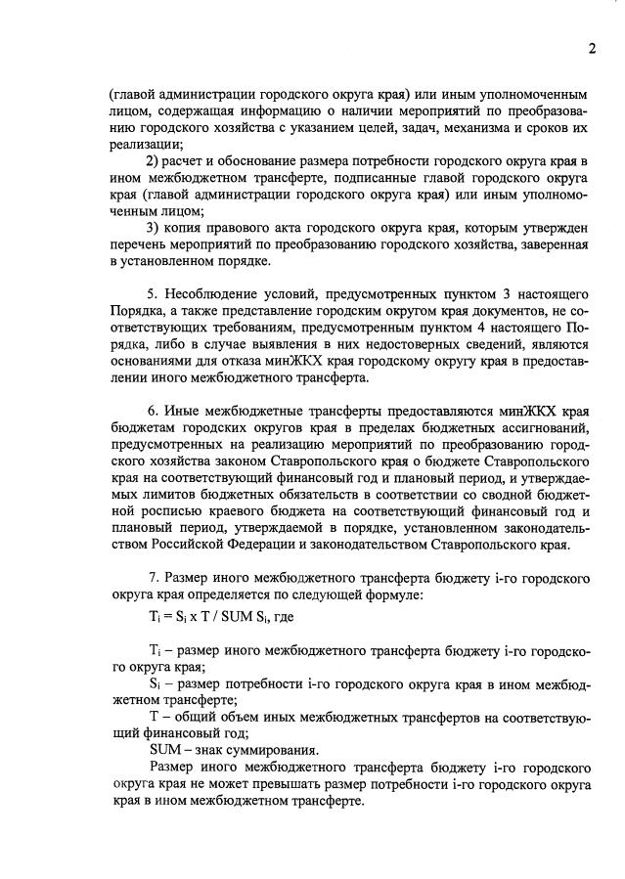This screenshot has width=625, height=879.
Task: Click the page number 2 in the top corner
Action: click(x=592, y=50)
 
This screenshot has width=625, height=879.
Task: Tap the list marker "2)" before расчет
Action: click(x=153, y=160)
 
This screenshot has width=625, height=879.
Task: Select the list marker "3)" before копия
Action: click(x=153, y=227)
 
